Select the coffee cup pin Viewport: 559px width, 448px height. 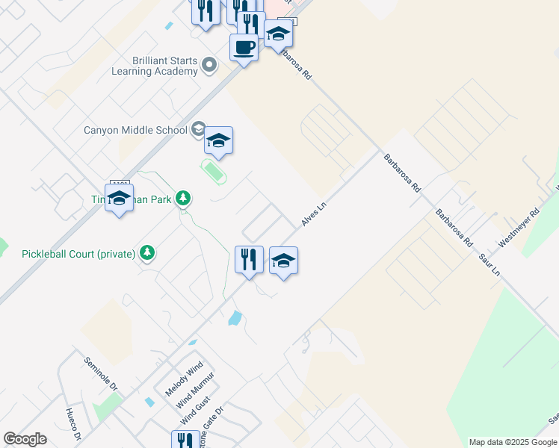(x=243, y=49)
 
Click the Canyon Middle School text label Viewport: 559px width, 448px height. (x=135, y=130)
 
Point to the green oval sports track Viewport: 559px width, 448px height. (x=214, y=172)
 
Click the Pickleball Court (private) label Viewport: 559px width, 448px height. (x=78, y=254)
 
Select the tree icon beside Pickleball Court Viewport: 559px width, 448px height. (x=148, y=253)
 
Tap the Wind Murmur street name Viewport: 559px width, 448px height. (x=195, y=389)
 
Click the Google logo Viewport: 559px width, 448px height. (x=25, y=439)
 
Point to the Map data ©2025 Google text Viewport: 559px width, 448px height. (x=513, y=442)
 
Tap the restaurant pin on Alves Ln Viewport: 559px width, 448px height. (x=249, y=260)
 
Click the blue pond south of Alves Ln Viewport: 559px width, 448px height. (x=235, y=319)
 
